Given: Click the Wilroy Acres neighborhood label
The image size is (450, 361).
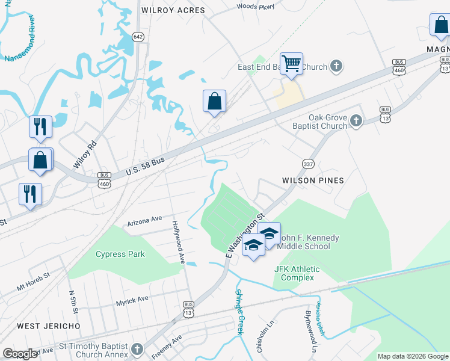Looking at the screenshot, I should pos(173,10).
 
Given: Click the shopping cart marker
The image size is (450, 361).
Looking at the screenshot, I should pos(291,63).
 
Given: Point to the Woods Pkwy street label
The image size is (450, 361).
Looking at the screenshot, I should pos(255,7).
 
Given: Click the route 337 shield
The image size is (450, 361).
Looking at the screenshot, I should pos(308,164).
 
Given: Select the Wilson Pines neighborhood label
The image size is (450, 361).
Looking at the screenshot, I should pos(313,180).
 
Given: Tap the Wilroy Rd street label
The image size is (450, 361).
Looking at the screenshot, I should pos(84,155).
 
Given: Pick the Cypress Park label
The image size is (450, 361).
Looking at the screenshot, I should pos(120,254).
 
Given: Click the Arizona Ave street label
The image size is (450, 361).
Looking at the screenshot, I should pos(144,221).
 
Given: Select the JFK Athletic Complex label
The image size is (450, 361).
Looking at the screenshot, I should pos(297,273).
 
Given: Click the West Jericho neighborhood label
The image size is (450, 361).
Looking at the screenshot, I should pos(49,326).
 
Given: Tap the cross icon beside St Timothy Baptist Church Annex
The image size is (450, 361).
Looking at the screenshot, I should pos(138,350).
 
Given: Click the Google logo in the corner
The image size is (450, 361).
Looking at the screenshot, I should pos(20,354).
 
